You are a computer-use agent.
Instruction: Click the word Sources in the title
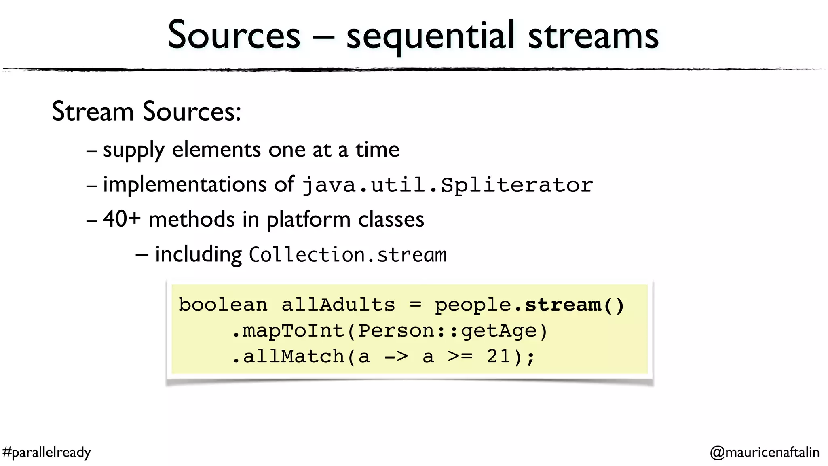(234, 36)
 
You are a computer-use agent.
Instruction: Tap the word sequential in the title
(430, 37)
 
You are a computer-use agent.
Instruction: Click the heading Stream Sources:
(146, 112)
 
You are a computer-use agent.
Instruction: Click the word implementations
(184, 185)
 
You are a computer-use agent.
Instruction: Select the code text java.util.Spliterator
(448, 185)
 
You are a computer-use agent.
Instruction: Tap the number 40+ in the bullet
(122, 219)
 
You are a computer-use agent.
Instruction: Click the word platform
(308, 220)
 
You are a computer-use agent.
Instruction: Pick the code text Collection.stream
(347, 255)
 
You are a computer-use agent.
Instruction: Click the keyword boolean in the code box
(223, 305)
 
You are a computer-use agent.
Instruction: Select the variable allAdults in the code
(338, 305)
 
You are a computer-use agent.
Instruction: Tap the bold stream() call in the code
(575, 305)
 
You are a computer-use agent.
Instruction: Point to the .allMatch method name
(289, 357)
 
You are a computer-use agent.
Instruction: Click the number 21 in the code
(498, 357)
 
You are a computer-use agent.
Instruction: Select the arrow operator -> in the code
(396, 357)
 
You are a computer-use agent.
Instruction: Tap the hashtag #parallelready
(46, 452)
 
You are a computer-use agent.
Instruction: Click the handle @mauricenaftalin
(765, 452)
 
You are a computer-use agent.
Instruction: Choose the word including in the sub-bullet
(198, 255)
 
